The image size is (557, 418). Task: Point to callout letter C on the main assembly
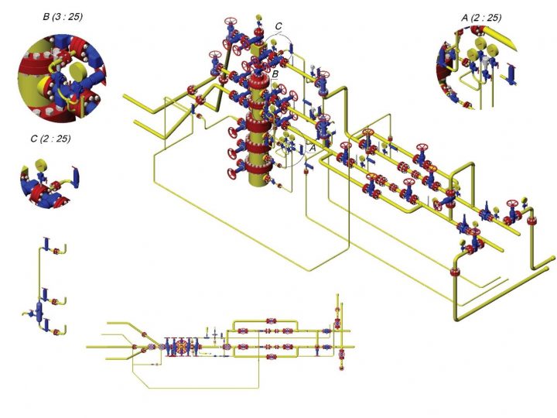(x=278, y=27)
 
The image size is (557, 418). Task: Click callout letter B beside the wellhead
(x=275, y=73)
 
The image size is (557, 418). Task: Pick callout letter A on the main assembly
(x=312, y=145)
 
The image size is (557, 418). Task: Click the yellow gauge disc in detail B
(x=78, y=74)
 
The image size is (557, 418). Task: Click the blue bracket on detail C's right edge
(x=75, y=174)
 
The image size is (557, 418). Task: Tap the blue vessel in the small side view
(x=39, y=312)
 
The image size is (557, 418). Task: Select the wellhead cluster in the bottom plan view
(x=183, y=347)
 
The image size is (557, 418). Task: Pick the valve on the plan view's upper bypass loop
(x=271, y=320)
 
